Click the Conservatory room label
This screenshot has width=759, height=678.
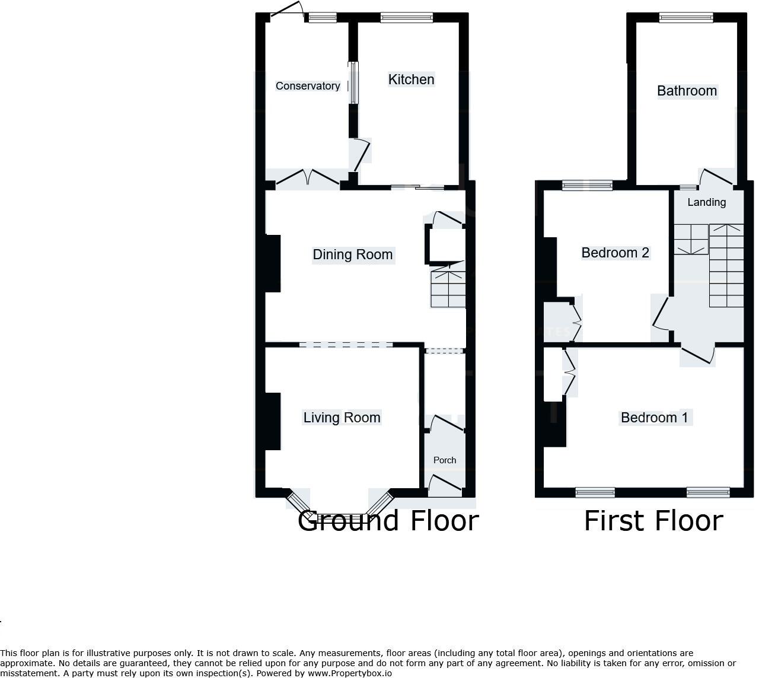pos(308,86)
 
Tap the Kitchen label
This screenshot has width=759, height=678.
pos(411,79)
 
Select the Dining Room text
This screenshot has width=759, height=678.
pos(352,254)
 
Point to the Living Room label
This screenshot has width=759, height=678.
pos(342,418)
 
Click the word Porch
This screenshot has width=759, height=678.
pos(445,460)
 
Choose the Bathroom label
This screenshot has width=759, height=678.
pos(687,91)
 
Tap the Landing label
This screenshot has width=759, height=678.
pos(706,202)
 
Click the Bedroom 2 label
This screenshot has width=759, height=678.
pos(615,253)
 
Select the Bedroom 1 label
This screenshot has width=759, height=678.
pos(654,418)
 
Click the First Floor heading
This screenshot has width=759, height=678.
pos(653,521)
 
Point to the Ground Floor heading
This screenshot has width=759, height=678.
pos(388,521)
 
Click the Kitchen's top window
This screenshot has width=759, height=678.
pos(406,18)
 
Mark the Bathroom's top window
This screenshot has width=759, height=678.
pos(686,18)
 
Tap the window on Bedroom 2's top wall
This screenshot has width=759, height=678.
pos(587,186)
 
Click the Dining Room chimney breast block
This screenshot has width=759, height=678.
pos(273,263)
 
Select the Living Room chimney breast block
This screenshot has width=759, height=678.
pos(273,421)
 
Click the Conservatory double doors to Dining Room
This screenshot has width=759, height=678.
pos(308,179)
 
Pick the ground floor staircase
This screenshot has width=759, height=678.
pos(448,288)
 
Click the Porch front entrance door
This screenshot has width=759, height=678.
pos(445,486)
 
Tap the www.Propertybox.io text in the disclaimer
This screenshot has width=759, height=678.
pos(350,673)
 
